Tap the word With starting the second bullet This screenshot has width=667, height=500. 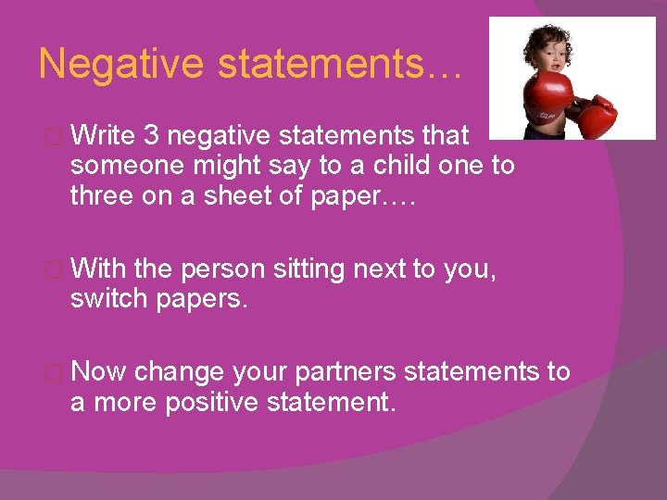point(98,269)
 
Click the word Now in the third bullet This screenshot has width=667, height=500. point(98,372)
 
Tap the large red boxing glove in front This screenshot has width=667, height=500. point(548,102)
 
